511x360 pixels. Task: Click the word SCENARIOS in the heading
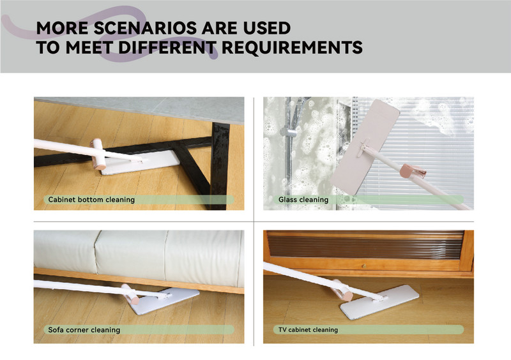[x=146, y=28]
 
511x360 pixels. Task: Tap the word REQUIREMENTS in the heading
[x=292, y=48]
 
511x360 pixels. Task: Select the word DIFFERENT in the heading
[x=167, y=48]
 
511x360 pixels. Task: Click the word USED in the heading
[x=267, y=28]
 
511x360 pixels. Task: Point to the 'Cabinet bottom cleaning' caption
[x=91, y=199]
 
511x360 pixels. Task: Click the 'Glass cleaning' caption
[x=303, y=199]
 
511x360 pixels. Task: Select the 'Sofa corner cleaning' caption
[x=84, y=330]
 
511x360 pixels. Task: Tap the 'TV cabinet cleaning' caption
[x=308, y=330]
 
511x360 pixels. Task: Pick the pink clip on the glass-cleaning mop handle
[x=412, y=171]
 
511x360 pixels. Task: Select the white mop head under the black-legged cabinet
[x=140, y=162]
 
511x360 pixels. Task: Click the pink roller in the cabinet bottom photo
[x=98, y=154]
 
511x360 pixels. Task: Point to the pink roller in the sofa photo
[x=130, y=294]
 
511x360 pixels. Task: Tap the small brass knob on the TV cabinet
[x=363, y=266]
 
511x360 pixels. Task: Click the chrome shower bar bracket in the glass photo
[x=287, y=132]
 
